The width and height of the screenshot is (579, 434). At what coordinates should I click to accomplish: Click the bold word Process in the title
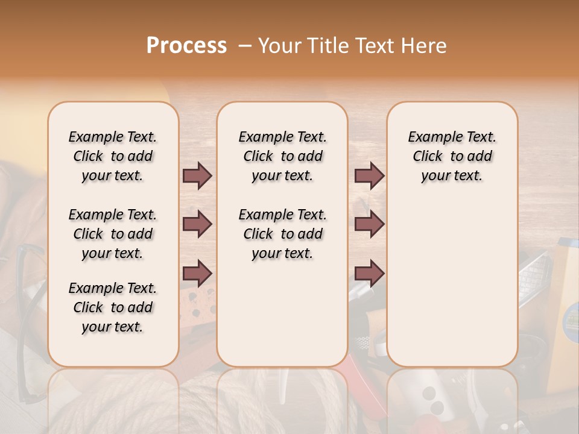coord(186,46)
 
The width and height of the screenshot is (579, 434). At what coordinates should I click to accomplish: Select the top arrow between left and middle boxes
coord(197,175)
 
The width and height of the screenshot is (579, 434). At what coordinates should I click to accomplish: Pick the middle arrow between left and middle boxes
coord(197,224)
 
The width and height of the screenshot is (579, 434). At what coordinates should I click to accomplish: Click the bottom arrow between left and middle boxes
coord(197,274)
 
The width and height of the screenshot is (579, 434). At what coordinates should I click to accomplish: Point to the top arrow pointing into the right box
coord(369,175)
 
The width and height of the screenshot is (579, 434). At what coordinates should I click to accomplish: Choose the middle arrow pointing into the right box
coord(369,224)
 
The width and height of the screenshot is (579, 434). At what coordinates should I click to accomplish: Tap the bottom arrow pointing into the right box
coord(369,274)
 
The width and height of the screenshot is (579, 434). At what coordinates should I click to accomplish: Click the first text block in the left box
coord(113,156)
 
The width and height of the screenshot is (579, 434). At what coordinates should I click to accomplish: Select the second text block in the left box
coord(113,234)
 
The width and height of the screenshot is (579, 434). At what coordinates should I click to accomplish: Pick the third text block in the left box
coord(113,307)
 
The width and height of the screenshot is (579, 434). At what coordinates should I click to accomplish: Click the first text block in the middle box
coord(282,156)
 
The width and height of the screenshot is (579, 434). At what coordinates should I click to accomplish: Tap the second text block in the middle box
coord(282,234)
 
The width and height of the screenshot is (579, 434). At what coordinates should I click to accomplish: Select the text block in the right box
coord(452,156)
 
